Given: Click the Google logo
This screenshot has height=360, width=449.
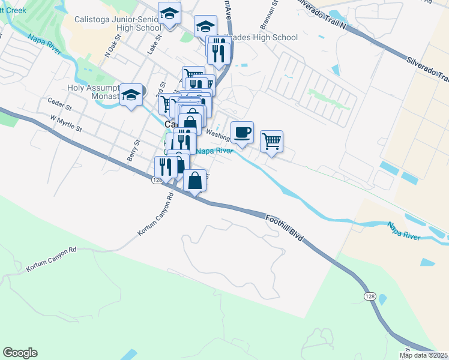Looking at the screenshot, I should click(x=20, y=353).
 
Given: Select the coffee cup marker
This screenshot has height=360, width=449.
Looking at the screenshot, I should click(x=242, y=132).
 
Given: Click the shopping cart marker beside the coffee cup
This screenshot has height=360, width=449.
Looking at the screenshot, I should click(x=271, y=142).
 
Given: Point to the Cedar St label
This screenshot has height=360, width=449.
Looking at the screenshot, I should click(x=60, y=107).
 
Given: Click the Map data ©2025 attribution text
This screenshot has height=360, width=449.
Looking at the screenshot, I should click(x=423, y=355).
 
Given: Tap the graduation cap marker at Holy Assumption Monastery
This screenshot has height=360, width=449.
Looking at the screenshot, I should click(x=131, y=95).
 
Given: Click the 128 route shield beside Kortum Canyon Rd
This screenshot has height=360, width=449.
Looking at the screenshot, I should click(x=157, y=179).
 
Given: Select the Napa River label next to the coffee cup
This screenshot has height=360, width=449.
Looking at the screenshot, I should click(x=214, y=151).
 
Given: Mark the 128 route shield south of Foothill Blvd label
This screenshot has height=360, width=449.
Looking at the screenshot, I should click(x=369, y=296).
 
